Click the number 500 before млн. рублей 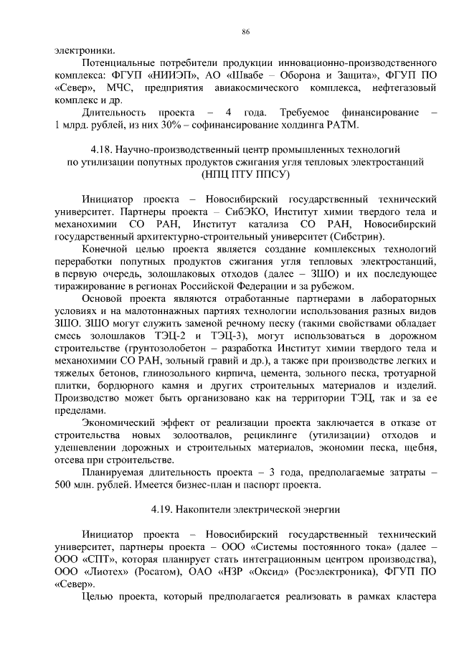(x=65, y=485)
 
